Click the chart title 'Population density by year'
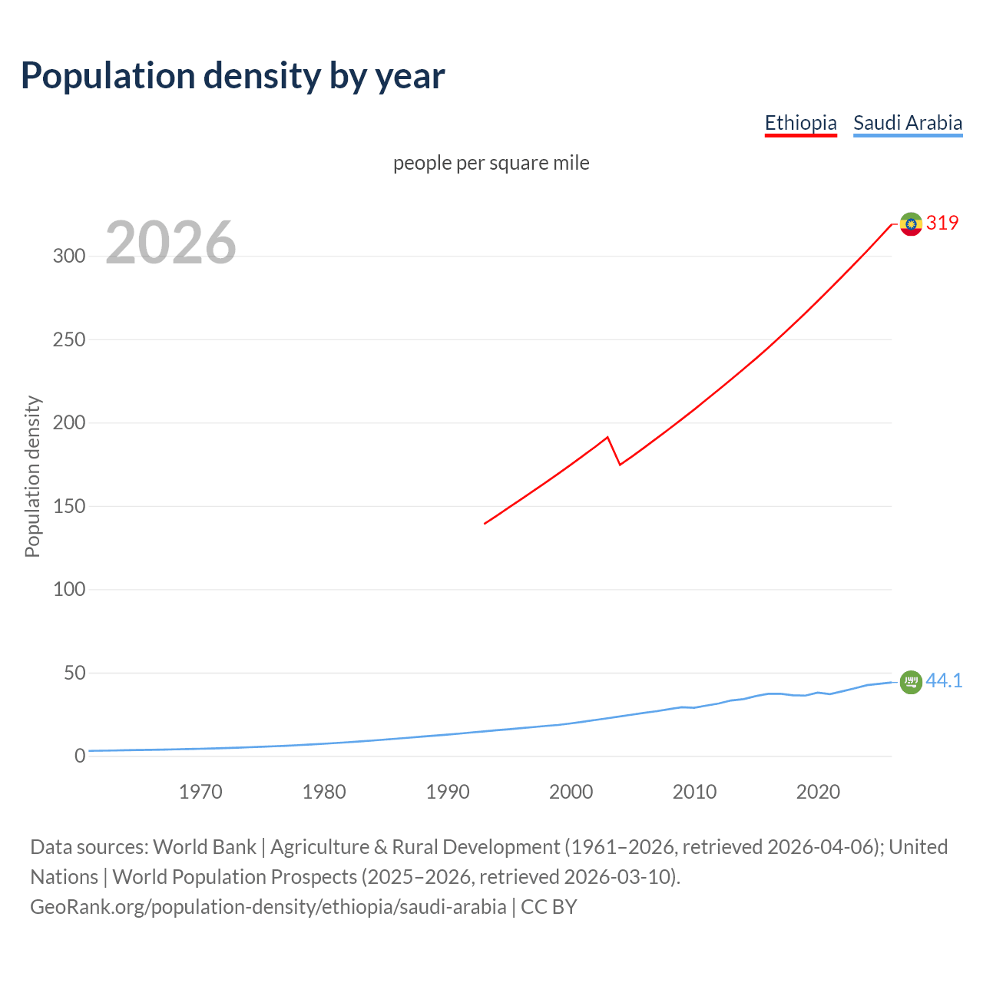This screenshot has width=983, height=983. tap(233, 75)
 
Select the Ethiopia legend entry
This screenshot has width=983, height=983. tap(800, 123)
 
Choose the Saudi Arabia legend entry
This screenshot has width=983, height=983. tap(908, 123)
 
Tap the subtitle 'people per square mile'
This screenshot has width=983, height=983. tap(491, 163)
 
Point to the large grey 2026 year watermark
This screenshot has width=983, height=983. tap(170, 243)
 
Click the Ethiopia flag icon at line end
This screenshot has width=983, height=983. tap(911, 223)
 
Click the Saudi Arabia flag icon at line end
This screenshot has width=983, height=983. tap(911, 681)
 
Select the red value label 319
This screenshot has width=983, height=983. tap(942, 223)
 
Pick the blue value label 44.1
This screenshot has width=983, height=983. tap(944, 680)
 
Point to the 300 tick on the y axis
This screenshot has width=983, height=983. tap(69, 256)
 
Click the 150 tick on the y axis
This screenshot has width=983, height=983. tap(69, 506)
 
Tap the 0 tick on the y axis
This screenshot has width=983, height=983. tap(80, 756)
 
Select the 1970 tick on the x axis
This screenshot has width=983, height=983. tap(200, 792)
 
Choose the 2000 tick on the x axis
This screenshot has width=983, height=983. tap(571, 792)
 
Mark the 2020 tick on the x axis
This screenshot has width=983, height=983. tap(818, 792)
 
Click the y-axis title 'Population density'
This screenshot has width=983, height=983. tap(32, 476)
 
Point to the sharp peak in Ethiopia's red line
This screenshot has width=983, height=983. tap(607, 437)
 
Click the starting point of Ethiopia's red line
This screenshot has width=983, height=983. tap(485, 524)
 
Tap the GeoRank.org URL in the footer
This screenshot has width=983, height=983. tap(268, 907)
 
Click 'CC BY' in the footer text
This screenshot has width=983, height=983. tap(548, 907)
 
